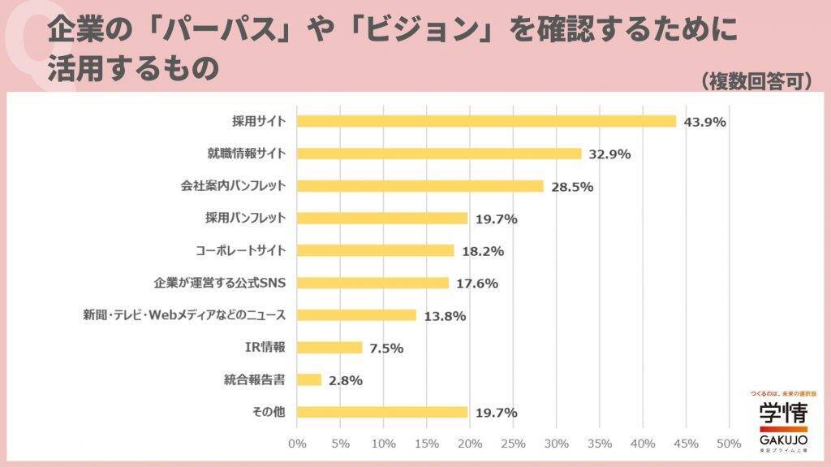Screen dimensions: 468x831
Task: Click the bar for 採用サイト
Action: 487,121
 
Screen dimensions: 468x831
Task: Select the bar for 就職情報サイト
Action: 439,154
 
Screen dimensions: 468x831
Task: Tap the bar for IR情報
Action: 329,348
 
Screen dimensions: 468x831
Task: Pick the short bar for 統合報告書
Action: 309,379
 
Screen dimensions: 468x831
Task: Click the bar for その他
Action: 382,412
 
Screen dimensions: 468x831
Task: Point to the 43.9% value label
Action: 704,122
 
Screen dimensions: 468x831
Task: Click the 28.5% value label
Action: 572,186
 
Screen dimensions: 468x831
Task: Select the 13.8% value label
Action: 445,315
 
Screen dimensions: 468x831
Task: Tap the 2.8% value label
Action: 346,379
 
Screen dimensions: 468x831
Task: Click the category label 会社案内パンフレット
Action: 233,186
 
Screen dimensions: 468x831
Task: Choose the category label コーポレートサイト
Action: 241,250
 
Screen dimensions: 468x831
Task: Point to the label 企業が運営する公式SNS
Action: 220,283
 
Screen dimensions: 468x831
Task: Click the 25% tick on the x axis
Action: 513,444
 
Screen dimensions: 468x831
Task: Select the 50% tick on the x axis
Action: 729,444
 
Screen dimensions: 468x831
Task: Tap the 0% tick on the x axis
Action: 297,444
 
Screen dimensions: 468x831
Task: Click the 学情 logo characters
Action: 783,411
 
